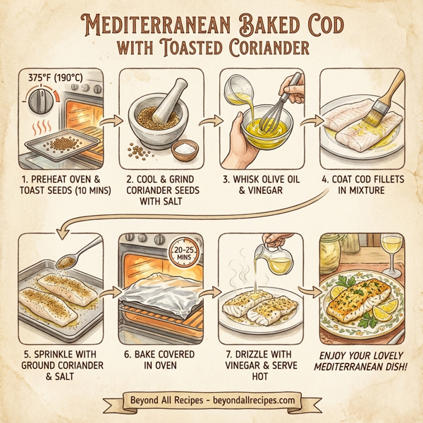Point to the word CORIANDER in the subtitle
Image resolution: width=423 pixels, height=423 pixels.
point(267,49)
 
